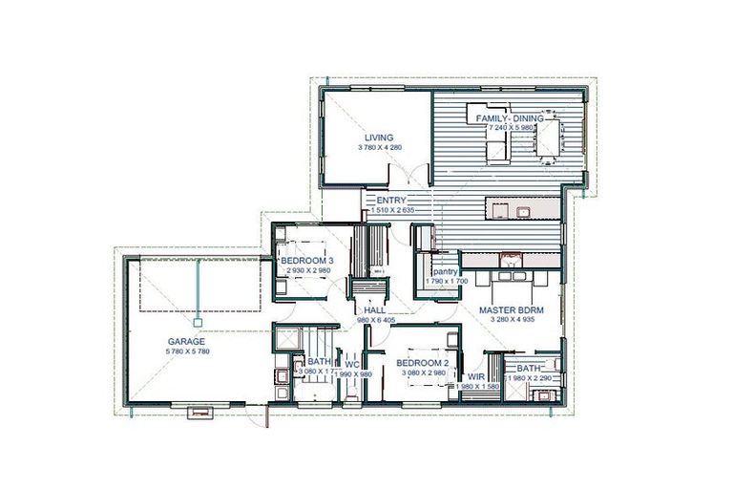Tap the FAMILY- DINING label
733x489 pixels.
(x=510, y=117)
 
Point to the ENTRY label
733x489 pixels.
(x=391, y=200)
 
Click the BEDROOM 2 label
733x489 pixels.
(x=422, y=364)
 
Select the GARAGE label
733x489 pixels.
(x=188, y=341)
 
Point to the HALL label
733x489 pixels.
(x=374, y=310)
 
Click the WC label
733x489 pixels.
(x=352, y=364)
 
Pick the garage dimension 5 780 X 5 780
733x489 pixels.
(x=188, y=352)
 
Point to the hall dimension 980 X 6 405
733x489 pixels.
(x=375, y=321)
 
